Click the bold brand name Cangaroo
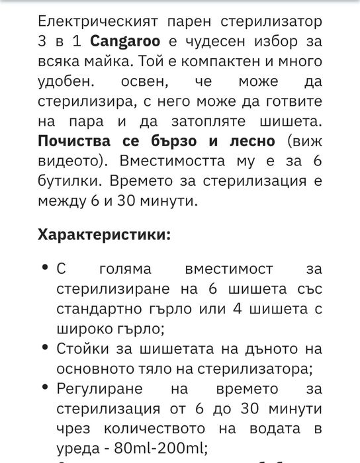(x=122, y=41)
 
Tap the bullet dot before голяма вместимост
(x=44, y=268)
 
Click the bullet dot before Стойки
(x=44, y=347)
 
